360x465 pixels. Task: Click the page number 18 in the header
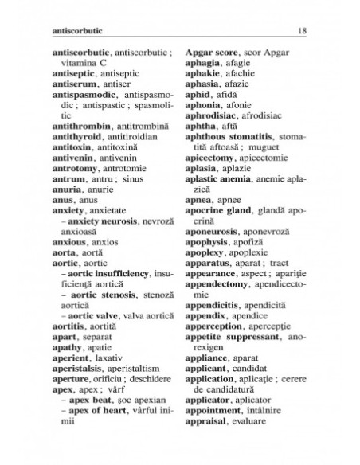pos(303,31)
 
